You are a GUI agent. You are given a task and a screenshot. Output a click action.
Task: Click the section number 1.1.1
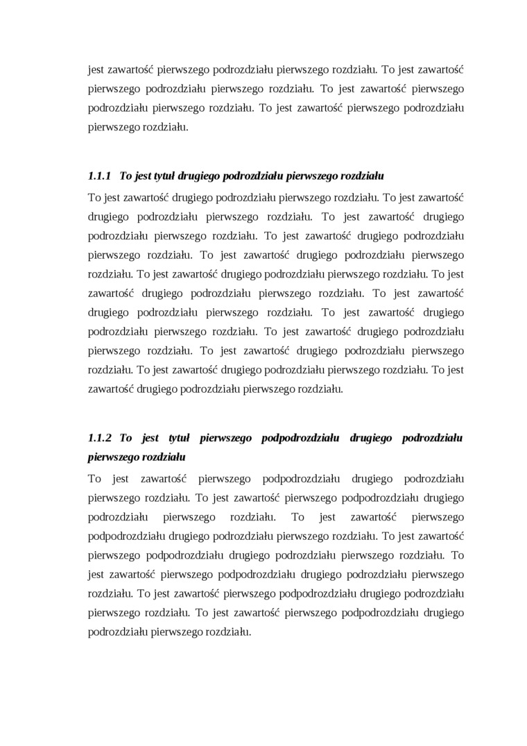(x=100, y=176)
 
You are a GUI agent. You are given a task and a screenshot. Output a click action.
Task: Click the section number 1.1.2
(x=100, y=438)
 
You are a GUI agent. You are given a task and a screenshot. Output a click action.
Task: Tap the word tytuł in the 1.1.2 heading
(x=180, y=438)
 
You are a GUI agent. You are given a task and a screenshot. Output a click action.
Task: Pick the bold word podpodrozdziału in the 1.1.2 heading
(x=299, y=438)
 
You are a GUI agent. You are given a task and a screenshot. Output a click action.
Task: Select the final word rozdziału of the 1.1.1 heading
(x=361, y=176)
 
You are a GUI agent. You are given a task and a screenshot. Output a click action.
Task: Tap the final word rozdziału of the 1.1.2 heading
(x=164, y=457)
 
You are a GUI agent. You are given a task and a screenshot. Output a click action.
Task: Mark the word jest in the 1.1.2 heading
(x=150, y=438)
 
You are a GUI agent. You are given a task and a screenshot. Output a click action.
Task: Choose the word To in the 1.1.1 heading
(x=126, y=176)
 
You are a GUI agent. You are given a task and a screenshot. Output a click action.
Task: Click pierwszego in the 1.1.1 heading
(x=310, y=176)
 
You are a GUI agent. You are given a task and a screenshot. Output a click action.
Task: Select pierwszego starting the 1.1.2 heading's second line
(x=114, y=457)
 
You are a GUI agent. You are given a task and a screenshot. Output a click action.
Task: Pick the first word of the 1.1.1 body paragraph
(x=94, y=196)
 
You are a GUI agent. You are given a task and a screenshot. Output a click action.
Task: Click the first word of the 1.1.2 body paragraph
(x=95, y=478)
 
